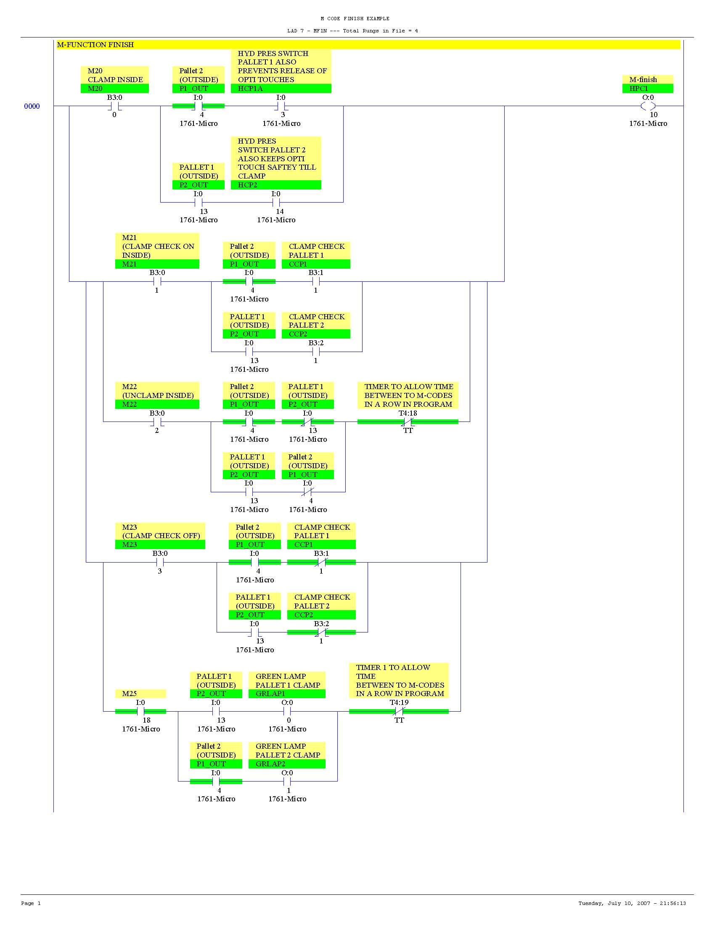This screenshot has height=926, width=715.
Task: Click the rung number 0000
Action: (32, 107)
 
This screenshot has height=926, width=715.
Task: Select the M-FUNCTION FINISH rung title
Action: (95, 45)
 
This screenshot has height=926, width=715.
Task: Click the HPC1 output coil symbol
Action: (648, 106)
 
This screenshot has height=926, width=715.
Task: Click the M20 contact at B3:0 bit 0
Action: (114, 106)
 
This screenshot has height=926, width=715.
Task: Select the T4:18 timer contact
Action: (408, 422)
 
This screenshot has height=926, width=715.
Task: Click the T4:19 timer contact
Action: (399, 712)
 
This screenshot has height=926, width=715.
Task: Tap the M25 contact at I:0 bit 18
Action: (140, 712)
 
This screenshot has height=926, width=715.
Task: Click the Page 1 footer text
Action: (31, 903)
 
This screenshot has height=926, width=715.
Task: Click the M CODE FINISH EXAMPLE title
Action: (355, 19)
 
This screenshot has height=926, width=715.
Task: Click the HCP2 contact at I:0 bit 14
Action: (276, 203)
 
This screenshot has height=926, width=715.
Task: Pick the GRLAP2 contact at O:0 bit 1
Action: (287, 782)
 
